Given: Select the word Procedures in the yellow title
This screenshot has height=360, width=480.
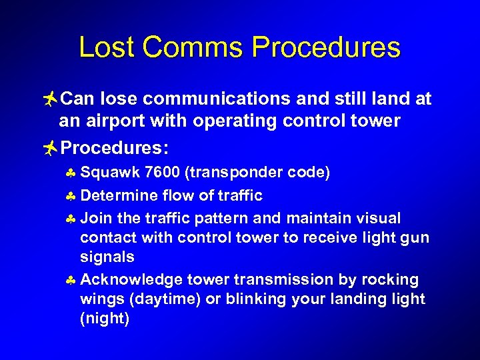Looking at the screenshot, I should pyautogui.click(x=327, y=48).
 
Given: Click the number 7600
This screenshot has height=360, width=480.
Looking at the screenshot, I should pyautogui.click(x=163, y=173).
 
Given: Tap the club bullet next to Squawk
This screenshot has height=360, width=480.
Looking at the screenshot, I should pyautogui.click(x=71, y=173).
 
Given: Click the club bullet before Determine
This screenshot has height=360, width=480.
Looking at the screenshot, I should pyautogui.click(x=71, y=196).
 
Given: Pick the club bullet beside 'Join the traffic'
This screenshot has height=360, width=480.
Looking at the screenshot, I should pyautogui.click(x=71, y=219).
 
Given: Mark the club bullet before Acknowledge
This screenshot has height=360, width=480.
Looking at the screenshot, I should pyautogui.click(x=71, y=280).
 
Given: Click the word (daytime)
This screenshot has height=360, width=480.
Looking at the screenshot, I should pyautogui.click(x=165, y=299).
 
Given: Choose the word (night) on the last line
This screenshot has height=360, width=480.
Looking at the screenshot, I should pyautogui.click(x=105, y=319).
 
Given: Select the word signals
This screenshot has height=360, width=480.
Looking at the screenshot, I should pyautogui.click(x=107, y=257).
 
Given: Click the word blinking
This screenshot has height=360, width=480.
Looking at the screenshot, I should pyautogui.click(x=257, y=299).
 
